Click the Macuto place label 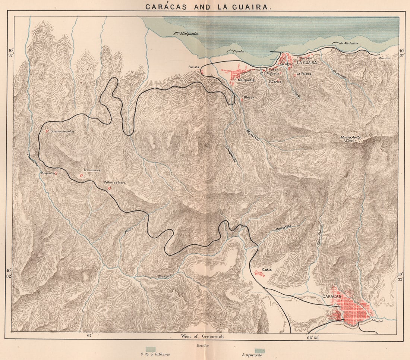point(384,58)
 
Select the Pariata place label point(194,67)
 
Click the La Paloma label point(305,74)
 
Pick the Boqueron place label point(48,173)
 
